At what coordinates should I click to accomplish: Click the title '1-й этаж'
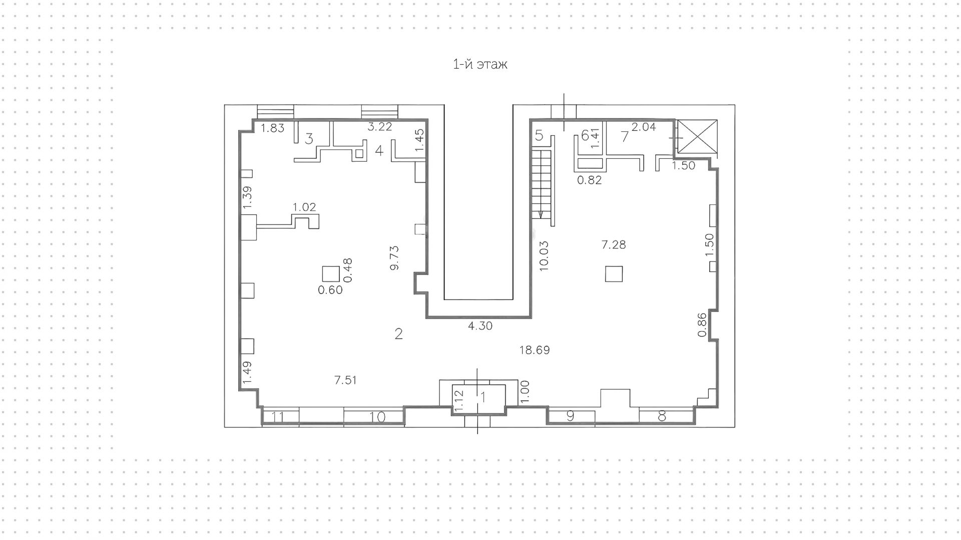pyautogui.click(x=479, y=65)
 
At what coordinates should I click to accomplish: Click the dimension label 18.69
pyautogui.click(x=534, y=350)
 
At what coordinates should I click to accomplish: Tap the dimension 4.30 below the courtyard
pyautogui.click(x=480, y=326)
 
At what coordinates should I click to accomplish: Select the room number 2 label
pyautogui.click(x=398, y=334)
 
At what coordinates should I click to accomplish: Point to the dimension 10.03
pyautogui.click(x=544, y=256)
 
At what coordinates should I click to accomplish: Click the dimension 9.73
pyautogui.click(x=394, y=257)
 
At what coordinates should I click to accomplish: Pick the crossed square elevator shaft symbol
pyautogui.click(x=697, y=136)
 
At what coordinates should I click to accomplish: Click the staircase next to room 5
pyautogui.click(x=542, y=178)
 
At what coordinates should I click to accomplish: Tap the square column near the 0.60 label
pyautogui.click(x=331, y=274)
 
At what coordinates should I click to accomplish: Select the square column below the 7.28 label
pyautogui.click(x=614, y=274)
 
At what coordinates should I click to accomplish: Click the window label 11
pyautogui.click(x=278, y=417)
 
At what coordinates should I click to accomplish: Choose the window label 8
pyautogui.click(x=662, y=416)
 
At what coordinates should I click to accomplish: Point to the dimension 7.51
pyautogui.click(x=345, y=380)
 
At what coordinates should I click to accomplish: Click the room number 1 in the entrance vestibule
pyautogui.click(x=483, y=397)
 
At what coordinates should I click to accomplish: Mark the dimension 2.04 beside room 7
pyautogui.click(x=643, y=127)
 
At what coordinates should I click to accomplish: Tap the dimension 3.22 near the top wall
pyautogui.click(x=379, y=127)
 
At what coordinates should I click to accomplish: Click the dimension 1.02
pyautogui.click(x=304, y=207)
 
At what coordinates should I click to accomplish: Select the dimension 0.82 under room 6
pyautogui.click(x=589, y=180)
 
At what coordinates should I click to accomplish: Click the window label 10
pyautogui.click(x=378, y=417)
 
